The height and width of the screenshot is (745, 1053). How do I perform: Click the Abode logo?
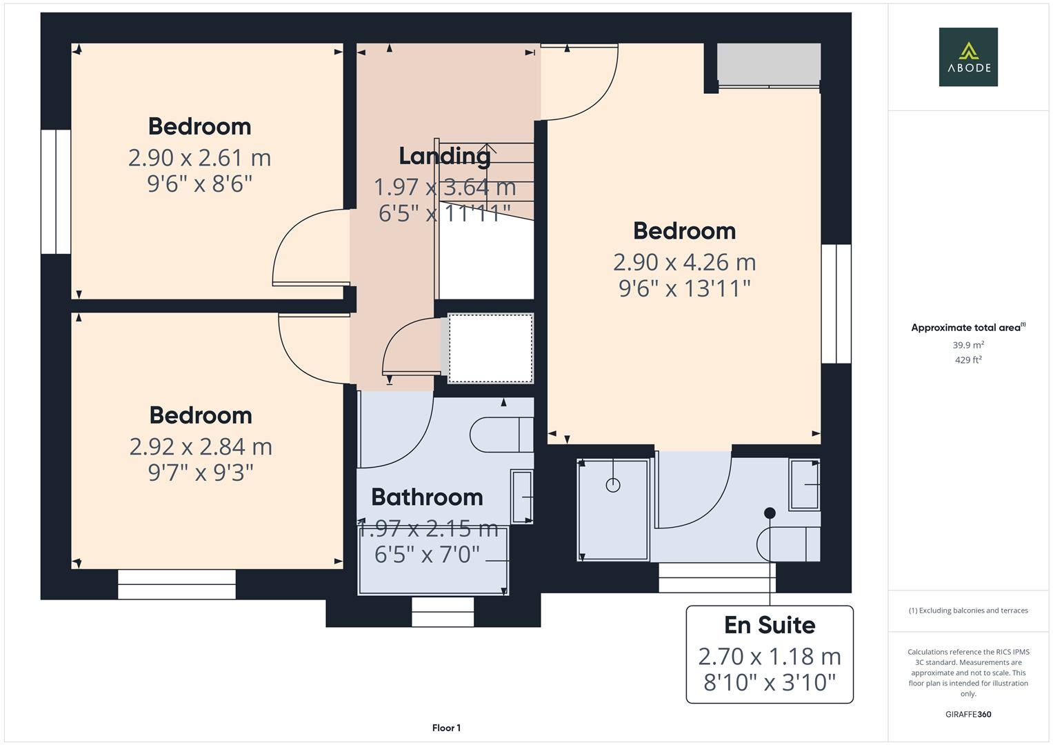pyautogui.click(x=967, y=57)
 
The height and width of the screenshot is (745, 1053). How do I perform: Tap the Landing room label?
pyautogui.click(x=445, y=156)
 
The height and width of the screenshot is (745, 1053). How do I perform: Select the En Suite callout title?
pyautogui.click(x=770, y=625)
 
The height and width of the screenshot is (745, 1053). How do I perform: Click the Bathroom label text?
pyautogui.click(x=427, y=497)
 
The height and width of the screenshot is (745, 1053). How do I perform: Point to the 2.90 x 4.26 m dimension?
pyautogui.click(x=684, y=262)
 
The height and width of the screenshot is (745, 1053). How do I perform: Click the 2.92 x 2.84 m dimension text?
pyautogui.click(x=201, y=447)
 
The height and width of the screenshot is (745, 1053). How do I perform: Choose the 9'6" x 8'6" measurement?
pyautogui.click(x=199, y=184)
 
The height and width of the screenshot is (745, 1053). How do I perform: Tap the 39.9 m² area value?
pyautogui.click(x=967, y=345)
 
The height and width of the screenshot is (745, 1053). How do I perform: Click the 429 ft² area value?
pyautogui.click(x=967, y=360)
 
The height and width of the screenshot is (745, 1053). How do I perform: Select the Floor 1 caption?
pyautogui.click(x=446, y=728)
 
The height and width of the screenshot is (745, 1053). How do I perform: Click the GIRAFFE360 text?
pyautogui.click(x=967, y=714)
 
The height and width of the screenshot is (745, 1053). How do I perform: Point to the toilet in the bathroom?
pyautogui.click(x=500, y=435)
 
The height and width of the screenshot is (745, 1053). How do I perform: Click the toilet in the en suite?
pyautogui.click(x=788, y=544)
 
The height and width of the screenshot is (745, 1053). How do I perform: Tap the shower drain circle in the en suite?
pyautogui.click(x=612, y=485)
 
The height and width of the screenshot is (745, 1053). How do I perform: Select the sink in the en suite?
pyautogui.click(x=804, y=485)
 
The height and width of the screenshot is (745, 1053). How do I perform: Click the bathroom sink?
pyautogui.click(x=521, y=496)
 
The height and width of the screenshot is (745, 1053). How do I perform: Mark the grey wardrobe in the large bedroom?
pyautogui.click(x=769, y=63)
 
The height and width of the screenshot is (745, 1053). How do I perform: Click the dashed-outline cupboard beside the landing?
pyautogui.click(x=490, y=348)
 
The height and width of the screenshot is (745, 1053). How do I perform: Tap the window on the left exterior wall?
pyautogui.click(x=56, y=192)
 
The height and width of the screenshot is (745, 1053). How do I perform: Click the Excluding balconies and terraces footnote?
pyautogui.click(x=967, y=610)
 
